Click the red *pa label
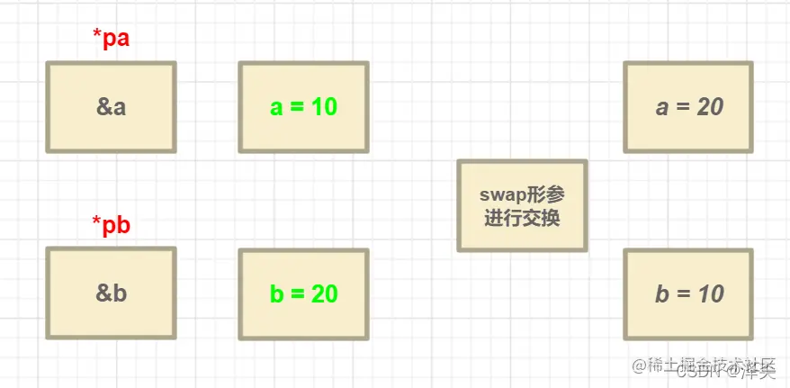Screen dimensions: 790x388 click(112, 39)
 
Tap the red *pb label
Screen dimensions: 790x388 click(112, 225)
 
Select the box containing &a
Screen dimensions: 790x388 click(111, 107)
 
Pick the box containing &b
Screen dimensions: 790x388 click(111, 293)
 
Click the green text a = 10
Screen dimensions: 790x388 click(303, 107)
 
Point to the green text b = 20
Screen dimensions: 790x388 click(303, 293)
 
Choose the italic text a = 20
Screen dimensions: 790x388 click(689, 107)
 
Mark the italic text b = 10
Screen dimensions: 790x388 click(689, 293)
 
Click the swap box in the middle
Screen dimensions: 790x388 click(522, 205)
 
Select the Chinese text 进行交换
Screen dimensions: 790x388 click(522, 217)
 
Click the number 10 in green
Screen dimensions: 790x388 click(324, 107)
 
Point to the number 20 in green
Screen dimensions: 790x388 click(325, 293)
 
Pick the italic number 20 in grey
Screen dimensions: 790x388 click(710, 107)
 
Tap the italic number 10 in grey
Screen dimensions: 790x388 click(710, 293)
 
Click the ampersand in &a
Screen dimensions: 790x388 click(103, 107)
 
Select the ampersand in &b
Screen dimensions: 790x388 click(103, 293)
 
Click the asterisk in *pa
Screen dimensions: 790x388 click(96, 35)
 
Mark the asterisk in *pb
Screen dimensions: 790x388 click(96, 221)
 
